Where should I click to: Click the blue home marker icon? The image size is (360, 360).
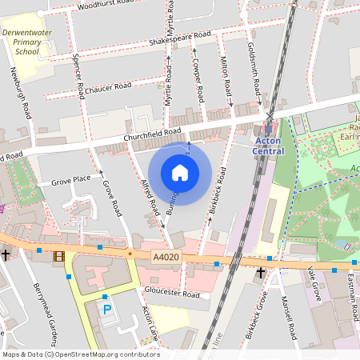click(x=180, y=172)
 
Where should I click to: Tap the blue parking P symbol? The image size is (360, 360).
click(x=106, y=309)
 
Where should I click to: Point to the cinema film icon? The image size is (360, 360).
click(x=58, y=257)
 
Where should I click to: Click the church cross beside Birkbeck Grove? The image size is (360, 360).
click(x=260, y=274)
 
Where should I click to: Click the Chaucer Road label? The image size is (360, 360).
click(x=107, y=87)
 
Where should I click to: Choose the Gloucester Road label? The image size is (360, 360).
click(x=171, y=294)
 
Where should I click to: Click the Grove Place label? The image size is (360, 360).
click(x=71, y=180)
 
